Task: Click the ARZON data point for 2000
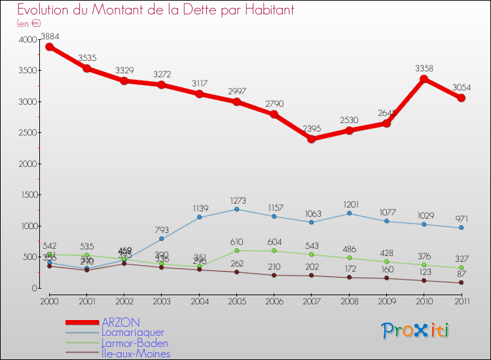click(x=49, y=46)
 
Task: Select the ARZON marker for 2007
click(x=311, y=139)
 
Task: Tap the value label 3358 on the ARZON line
click(x=424, y=67)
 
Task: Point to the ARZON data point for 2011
click(x=461, y=98)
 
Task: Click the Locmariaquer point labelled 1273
click(x=236, y=209)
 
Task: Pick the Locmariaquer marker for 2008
click(x=349, y=213)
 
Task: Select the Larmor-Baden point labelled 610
click(x=236, y=250)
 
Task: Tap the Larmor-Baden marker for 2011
click(x=461, y=268)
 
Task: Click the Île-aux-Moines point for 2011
click(x=461, y=283)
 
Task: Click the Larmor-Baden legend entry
click(x=134, y=343)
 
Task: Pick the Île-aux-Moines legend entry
click(x=136, y=353)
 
